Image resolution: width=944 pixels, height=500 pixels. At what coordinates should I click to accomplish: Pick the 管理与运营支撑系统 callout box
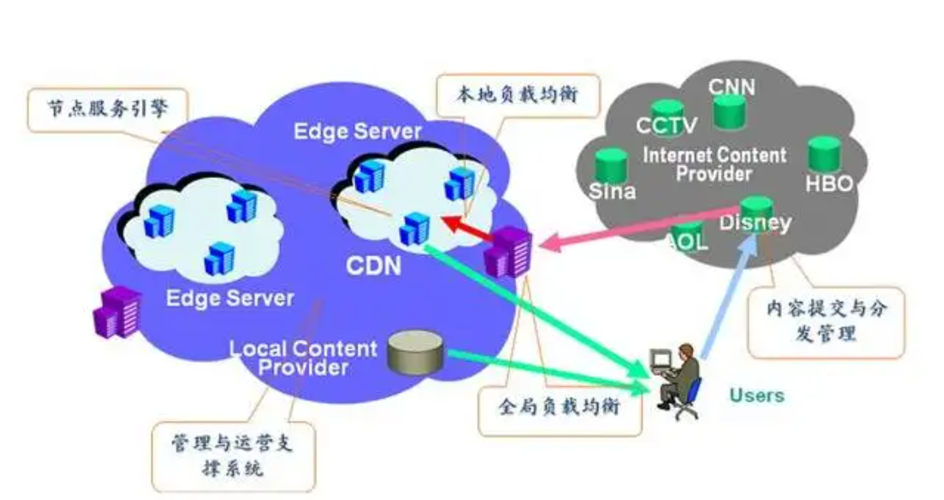(234, 454)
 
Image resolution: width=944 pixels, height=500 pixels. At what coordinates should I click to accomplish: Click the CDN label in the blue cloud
(373, 266)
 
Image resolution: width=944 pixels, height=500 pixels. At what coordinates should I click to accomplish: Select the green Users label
(757, 395)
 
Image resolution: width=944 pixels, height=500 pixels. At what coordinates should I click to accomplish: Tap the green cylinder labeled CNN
(730, 112)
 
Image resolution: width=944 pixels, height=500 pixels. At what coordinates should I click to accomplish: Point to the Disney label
(755, 223)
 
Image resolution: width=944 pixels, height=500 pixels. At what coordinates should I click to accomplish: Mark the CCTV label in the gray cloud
(666, 126)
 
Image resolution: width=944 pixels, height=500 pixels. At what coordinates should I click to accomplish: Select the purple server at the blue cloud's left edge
(117, 310)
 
